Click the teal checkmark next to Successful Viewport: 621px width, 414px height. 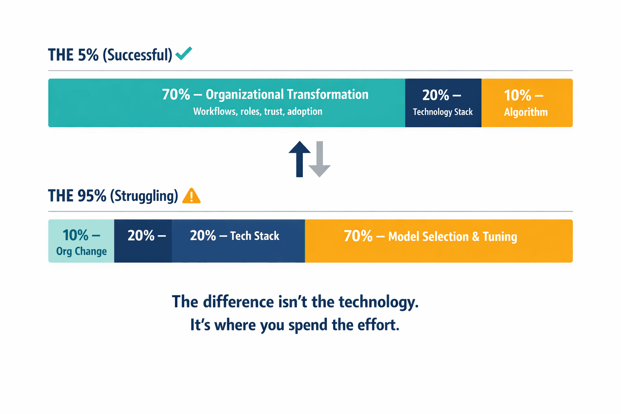tap(184, 53)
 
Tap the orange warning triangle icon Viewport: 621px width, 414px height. tap(191, 196)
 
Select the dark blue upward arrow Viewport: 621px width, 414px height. tap(300, 158)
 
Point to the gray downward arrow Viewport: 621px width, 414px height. tap(319, 159)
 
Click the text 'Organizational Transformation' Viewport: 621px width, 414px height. tap(287, 95)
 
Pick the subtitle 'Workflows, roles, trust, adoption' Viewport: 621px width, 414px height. tap(258, 112)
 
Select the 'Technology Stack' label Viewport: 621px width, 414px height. tap(443, 112)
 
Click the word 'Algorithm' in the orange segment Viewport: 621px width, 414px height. tap(526, 112)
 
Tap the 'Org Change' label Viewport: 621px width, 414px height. tap(81, 251)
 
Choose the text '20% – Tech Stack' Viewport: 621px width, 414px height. tap(234, 236)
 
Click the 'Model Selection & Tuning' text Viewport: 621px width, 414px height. tap(452, 237)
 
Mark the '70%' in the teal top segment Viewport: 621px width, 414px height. tap(176, 95)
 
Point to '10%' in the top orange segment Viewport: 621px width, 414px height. tap(517, 95)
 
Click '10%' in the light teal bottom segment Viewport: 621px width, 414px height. tap(75, 235)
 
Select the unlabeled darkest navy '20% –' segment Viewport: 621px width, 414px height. tap(143, 241)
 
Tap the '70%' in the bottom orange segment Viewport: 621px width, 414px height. tap(358, 236)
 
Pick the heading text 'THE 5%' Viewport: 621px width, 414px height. tap(73, 55)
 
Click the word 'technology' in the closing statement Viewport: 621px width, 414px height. tap(378, 302)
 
